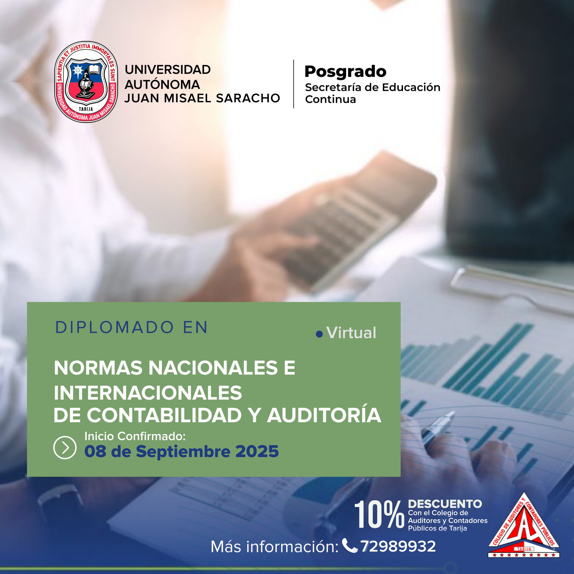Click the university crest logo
coord(86,82)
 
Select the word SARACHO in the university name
coord(248,98)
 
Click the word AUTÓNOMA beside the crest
coord(162,84)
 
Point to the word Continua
coord(330,99)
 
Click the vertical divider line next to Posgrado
coord(294,84)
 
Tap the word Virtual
coord(351,333)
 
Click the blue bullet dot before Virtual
coord(319,335)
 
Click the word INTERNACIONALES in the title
coord(148,393)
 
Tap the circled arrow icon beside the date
coord(65,448)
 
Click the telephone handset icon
coord(350,545)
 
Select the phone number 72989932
coord(398,546)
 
